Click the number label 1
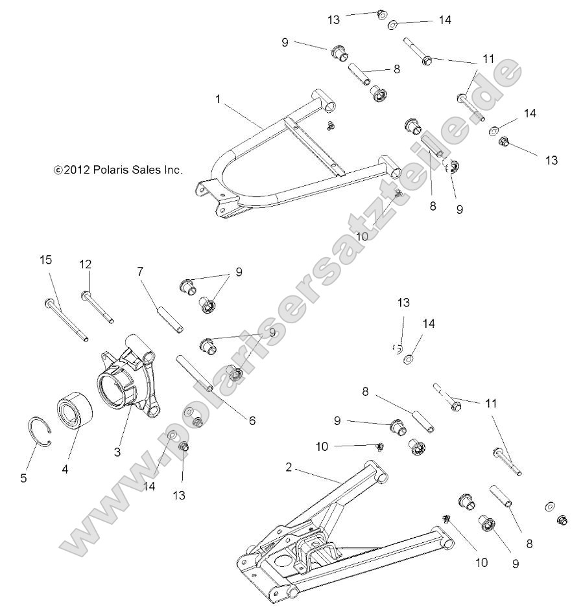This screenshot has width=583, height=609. tap(218, 99)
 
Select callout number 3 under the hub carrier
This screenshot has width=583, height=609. tap(117, 452)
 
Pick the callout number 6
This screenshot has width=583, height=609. tap(251, 420)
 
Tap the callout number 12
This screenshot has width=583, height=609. tap(86, 264)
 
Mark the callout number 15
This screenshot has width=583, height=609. tap(45, 260)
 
